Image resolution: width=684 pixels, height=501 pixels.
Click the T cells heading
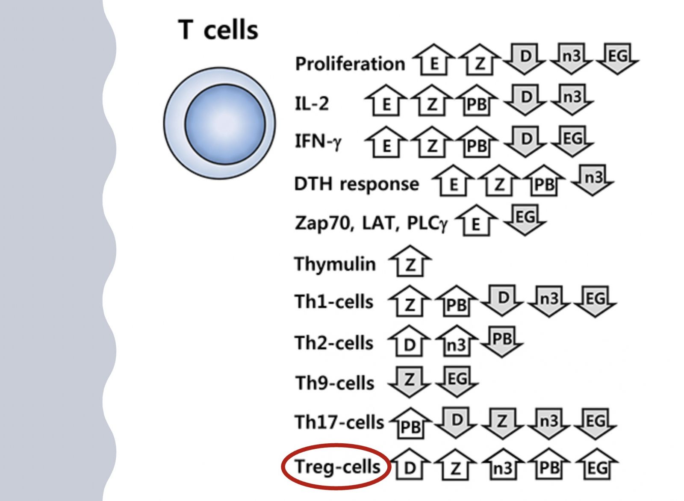(218, 30)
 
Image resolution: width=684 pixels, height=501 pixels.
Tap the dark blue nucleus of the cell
(225, 124)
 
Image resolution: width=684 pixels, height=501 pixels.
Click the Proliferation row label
(350, 64)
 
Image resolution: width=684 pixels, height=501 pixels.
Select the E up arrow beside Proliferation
(433, 59)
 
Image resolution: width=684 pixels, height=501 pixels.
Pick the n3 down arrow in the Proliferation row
(571, 59)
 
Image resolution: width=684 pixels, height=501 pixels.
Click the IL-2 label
(312, 103)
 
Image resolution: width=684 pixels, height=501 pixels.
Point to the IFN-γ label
(318, 141)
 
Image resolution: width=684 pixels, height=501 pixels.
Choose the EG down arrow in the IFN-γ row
(572, 141)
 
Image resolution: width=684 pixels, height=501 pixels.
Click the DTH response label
(357, 184)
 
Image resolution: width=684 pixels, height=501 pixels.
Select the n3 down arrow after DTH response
(593, 180)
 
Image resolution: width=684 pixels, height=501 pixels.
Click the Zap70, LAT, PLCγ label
(371, 223)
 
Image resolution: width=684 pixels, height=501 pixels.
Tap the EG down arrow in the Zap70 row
(525, 220)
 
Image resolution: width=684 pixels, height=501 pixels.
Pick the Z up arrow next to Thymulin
(410, 261)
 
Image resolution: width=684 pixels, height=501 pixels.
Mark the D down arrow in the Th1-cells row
(502, 301)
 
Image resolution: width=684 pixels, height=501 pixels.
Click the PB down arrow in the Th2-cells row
(502, 342)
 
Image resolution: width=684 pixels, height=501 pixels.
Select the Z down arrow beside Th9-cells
(409, 382)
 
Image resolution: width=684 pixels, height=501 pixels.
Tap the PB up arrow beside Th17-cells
(411, 423)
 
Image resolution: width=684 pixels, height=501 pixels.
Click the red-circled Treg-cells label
(337, 466)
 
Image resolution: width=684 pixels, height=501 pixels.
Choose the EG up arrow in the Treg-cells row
(597, 464)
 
